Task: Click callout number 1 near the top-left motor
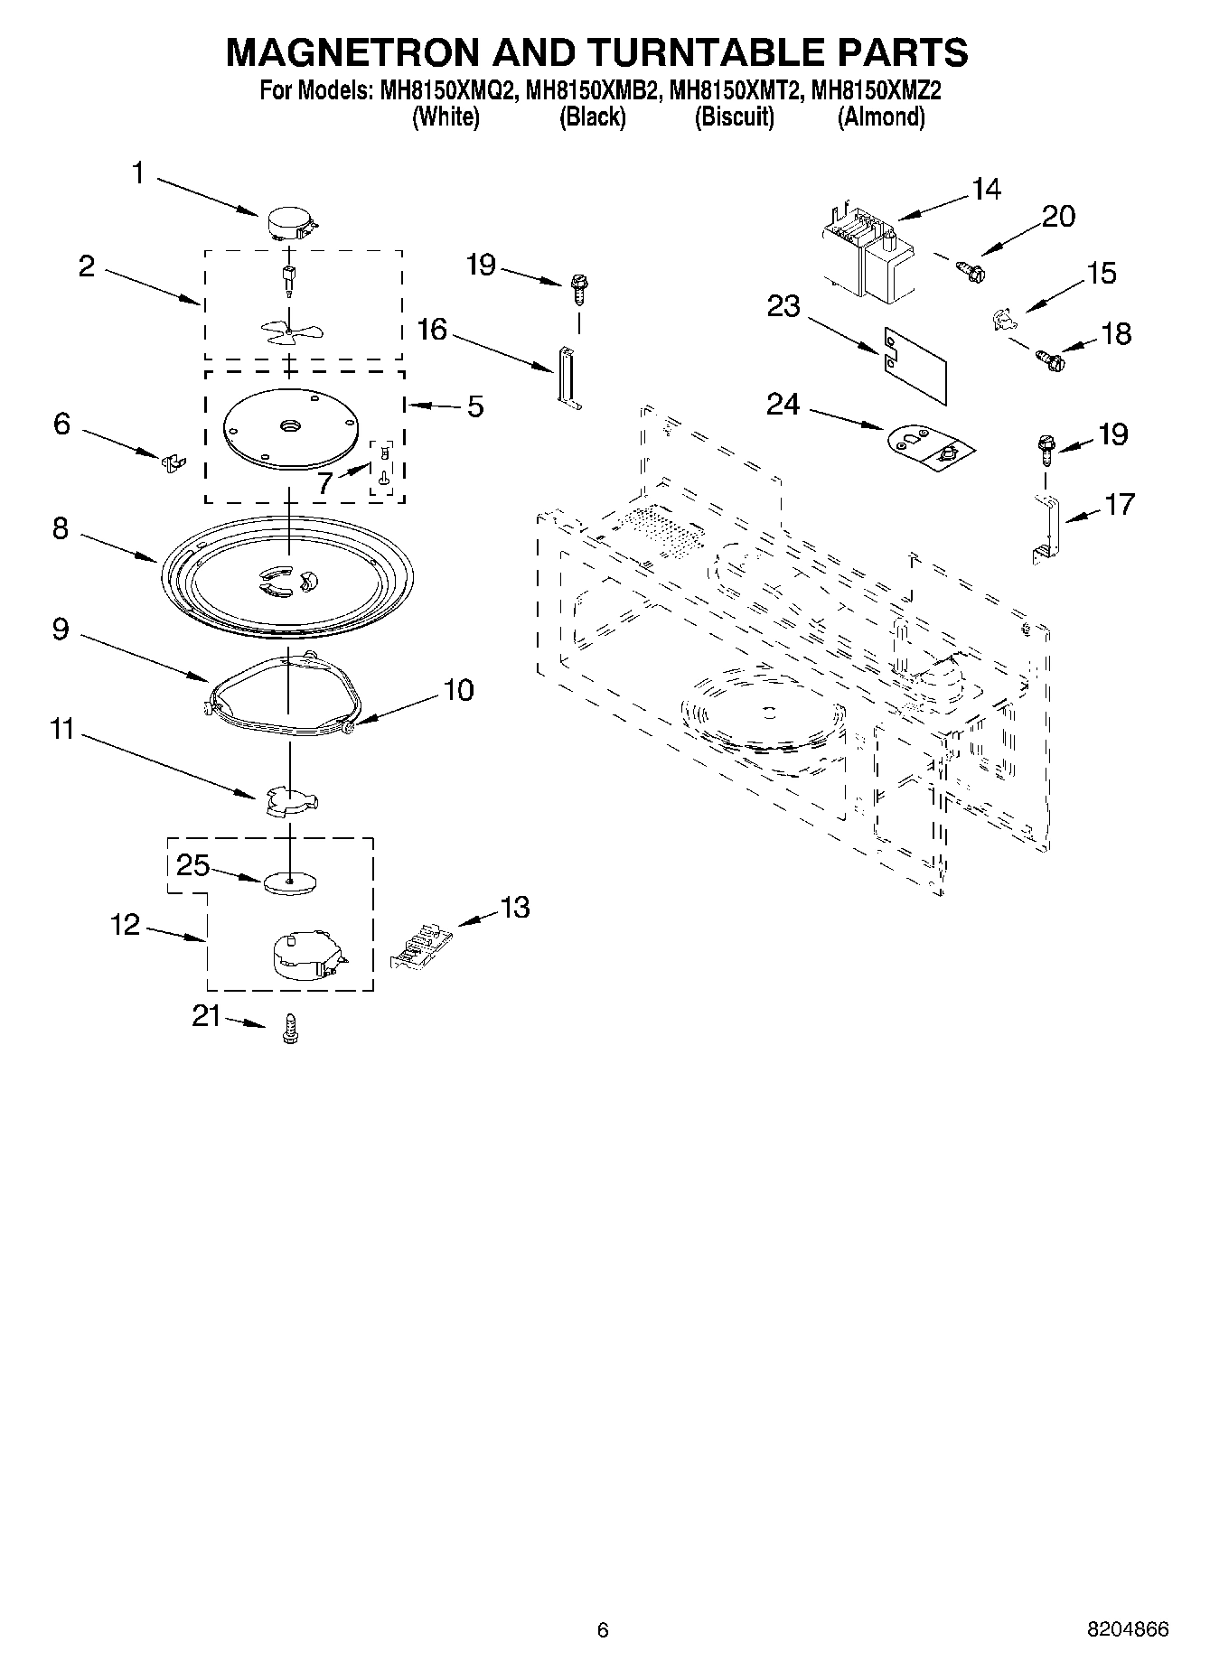point(138,173)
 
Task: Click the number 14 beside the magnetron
point(987,189)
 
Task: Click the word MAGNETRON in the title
point(351,52)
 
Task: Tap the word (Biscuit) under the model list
point(734,117)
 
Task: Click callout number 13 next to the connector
point(514,907)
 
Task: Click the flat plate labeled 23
point(915,363)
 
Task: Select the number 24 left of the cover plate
point(783,404)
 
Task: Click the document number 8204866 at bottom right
point(1127,1628)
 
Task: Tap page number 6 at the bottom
point(603,1629)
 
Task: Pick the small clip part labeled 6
point(172,462)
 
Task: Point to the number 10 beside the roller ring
point(458,690)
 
